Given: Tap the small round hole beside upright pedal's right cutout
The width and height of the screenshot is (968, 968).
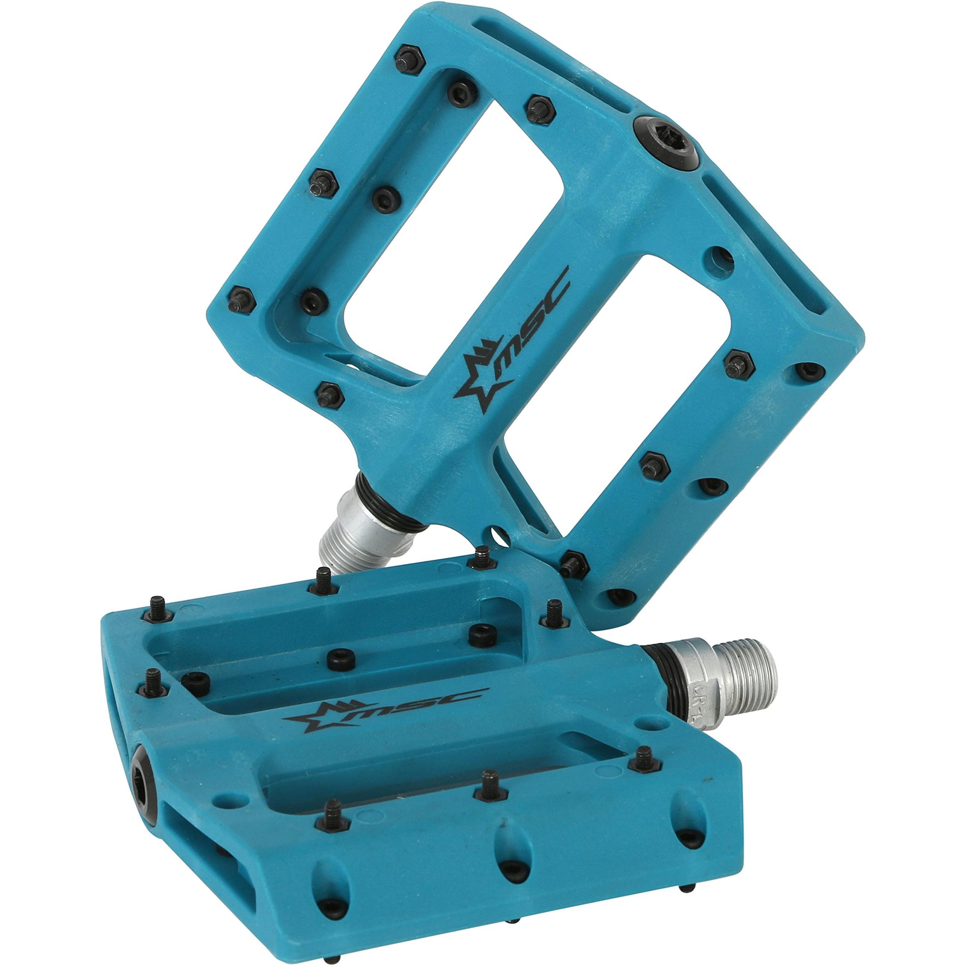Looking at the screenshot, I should [719, 257].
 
